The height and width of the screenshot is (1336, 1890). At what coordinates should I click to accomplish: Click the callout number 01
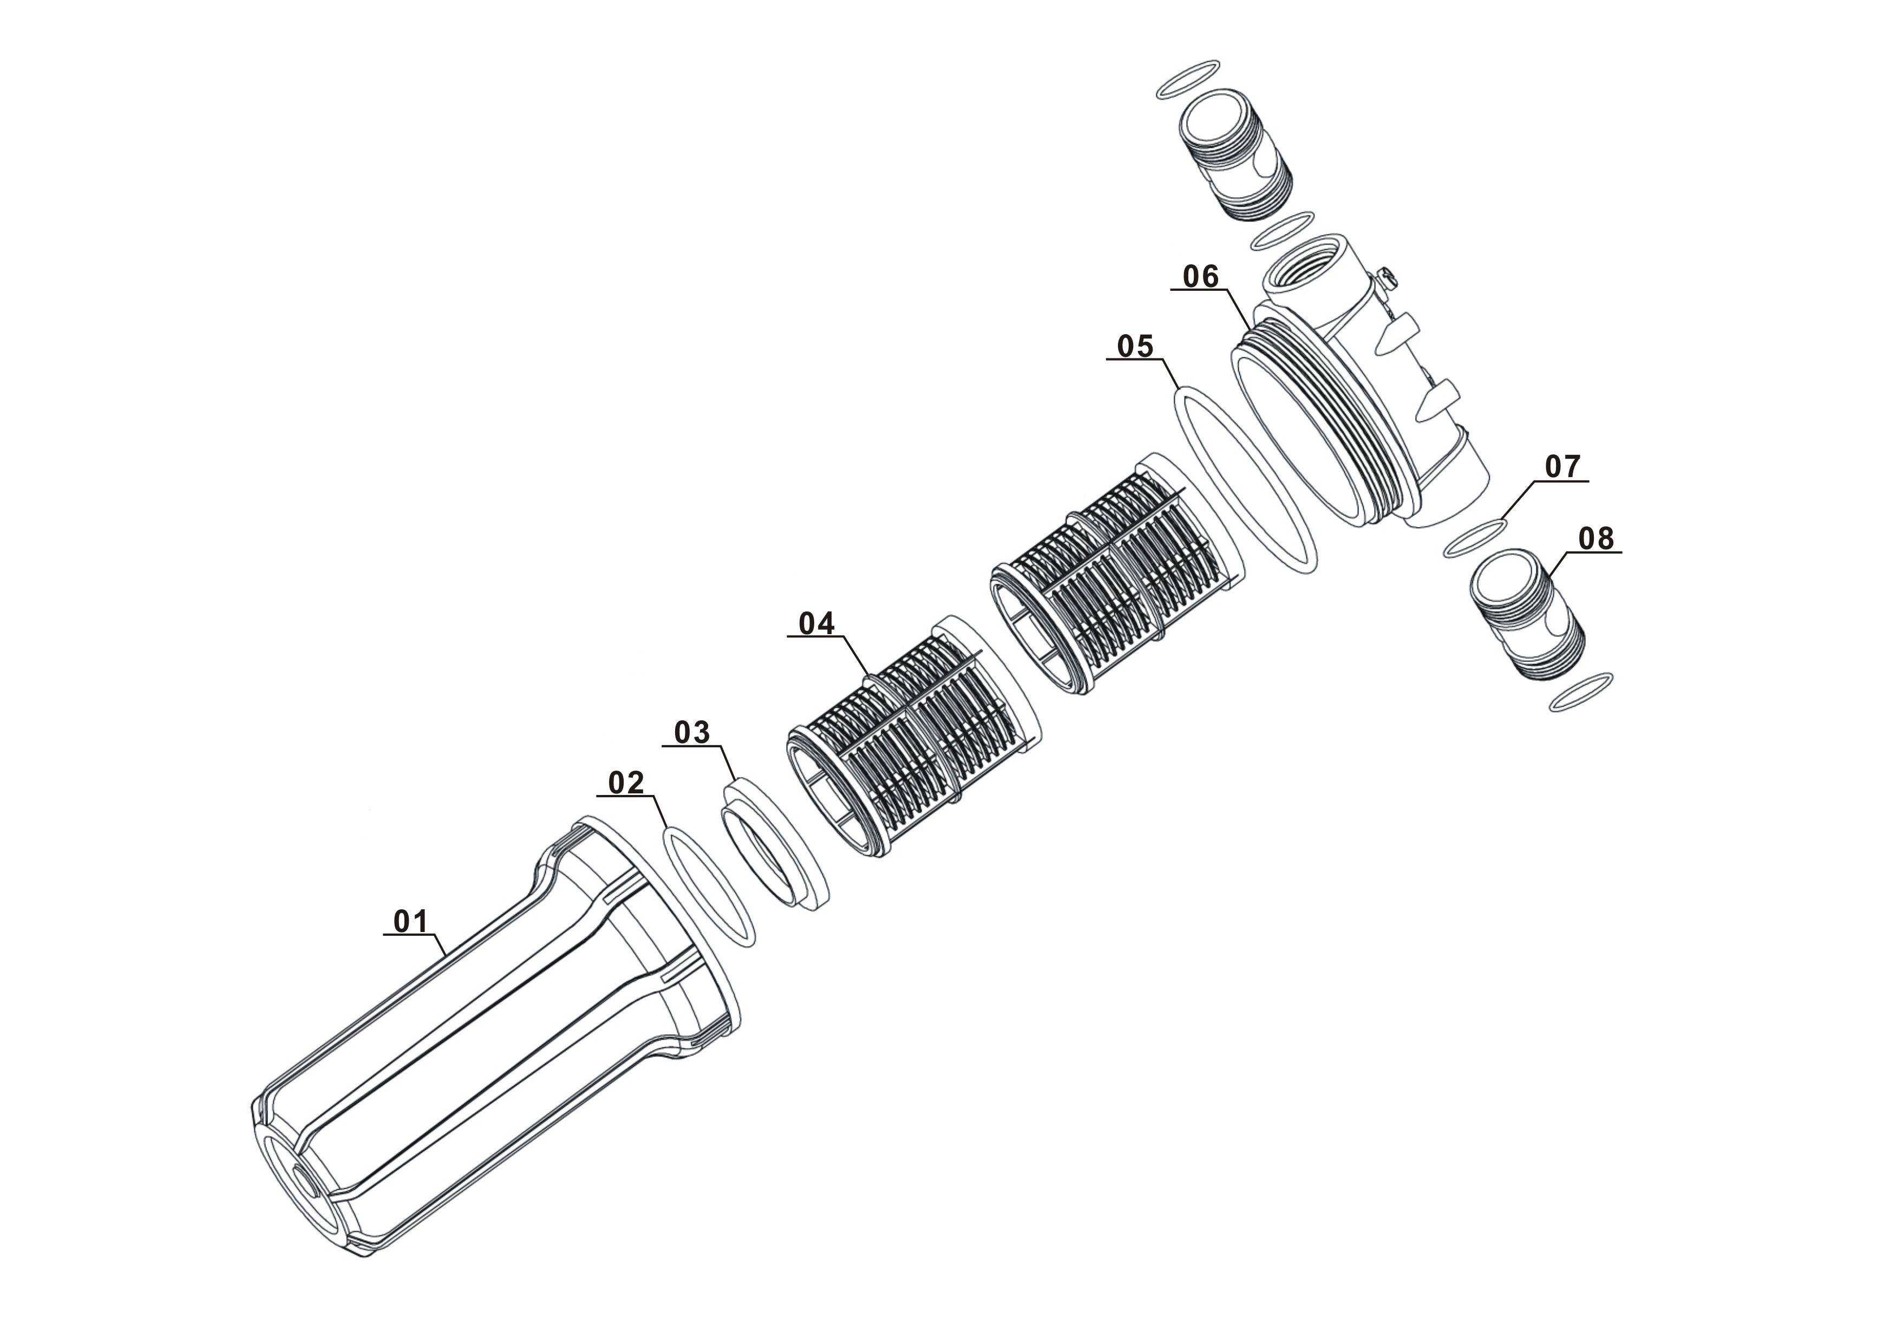point(411,922)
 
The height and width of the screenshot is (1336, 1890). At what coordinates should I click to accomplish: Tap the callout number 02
point(626,783)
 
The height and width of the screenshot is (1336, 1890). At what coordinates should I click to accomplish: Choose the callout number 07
point(1562,467)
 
